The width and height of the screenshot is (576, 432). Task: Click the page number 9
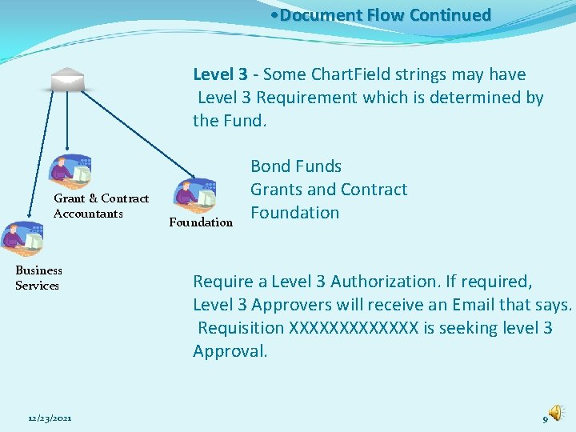click(546, 419)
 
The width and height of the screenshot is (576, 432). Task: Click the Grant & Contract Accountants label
click(101, 206)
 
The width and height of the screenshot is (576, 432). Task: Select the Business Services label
click(38, 278)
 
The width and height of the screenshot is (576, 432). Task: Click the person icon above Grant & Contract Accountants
click(70, 170)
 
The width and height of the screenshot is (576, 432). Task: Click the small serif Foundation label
click(201, 222)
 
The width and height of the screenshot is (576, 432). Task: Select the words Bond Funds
click(296, 166)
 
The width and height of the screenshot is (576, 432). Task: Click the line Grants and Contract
click(329, 190)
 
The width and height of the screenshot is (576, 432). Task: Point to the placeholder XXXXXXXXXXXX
click(353, 328)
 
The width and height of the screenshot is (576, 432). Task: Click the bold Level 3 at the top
click(220, 74)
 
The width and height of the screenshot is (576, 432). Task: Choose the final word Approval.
click(230, 351)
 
